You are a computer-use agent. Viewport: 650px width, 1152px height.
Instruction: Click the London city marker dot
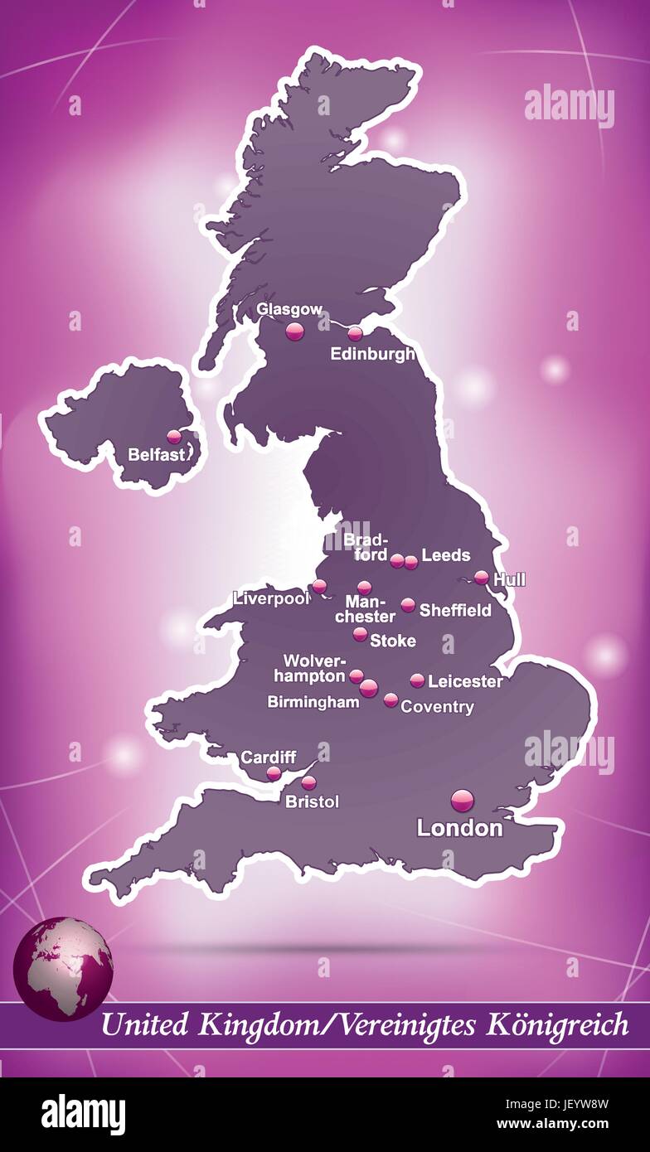pos(463,801)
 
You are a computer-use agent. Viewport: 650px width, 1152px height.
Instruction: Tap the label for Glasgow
pos(289,309)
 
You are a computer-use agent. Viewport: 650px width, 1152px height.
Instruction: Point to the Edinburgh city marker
pos(355,334)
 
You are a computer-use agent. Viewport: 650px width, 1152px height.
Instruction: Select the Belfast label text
pos(156,454)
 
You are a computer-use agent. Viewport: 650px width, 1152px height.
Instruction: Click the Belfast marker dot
pos(174,436)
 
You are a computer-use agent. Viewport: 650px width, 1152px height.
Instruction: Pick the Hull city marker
pos(482,577)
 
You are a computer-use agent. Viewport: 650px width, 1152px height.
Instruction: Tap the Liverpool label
pos(270,598)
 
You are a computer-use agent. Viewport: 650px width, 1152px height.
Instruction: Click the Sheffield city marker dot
pos(408,605)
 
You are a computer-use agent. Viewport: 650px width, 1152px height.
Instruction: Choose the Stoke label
pos(393,641)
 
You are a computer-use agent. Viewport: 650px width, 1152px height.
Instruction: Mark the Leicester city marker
pos(417,680)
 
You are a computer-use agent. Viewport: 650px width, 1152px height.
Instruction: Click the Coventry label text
pos(437,707)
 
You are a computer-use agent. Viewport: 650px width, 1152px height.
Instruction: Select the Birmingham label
pos(313,702)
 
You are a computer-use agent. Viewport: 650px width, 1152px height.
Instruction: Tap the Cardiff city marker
pos(274,773)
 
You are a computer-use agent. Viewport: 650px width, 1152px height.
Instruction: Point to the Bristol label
pos(312,801)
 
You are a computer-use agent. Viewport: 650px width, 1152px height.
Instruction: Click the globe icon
pos(63,968)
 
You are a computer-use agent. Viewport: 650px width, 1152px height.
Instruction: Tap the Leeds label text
pos(446,555)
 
